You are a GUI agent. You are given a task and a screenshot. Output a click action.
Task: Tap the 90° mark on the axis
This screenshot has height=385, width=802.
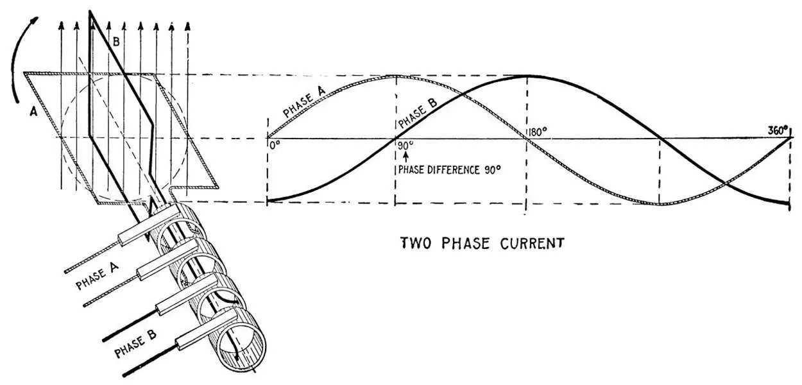(405, 145)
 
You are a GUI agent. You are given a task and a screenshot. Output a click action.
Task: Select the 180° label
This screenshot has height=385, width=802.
(537, 133)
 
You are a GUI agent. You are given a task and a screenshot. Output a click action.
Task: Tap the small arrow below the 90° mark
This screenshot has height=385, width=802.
(405, 157)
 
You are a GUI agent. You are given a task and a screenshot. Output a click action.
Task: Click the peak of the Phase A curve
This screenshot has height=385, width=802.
(395, 76)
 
